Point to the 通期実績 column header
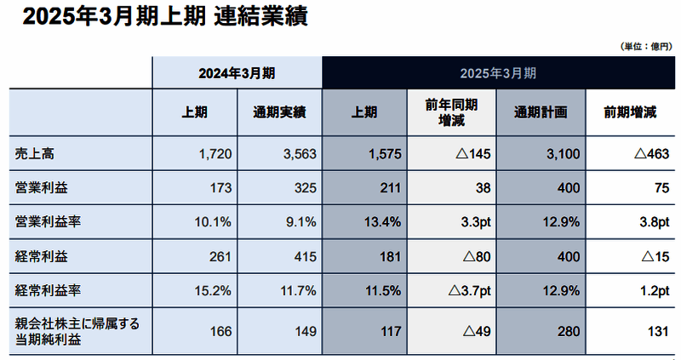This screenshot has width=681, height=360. pyautogui.click(x=279, y=111)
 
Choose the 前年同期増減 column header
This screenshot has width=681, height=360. pyautogui.click(x=451, y=111)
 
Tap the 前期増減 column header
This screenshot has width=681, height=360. pyautogui.click(x=629, y=111)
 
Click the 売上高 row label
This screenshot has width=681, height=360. pyautogui.click(x=35, y=155)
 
